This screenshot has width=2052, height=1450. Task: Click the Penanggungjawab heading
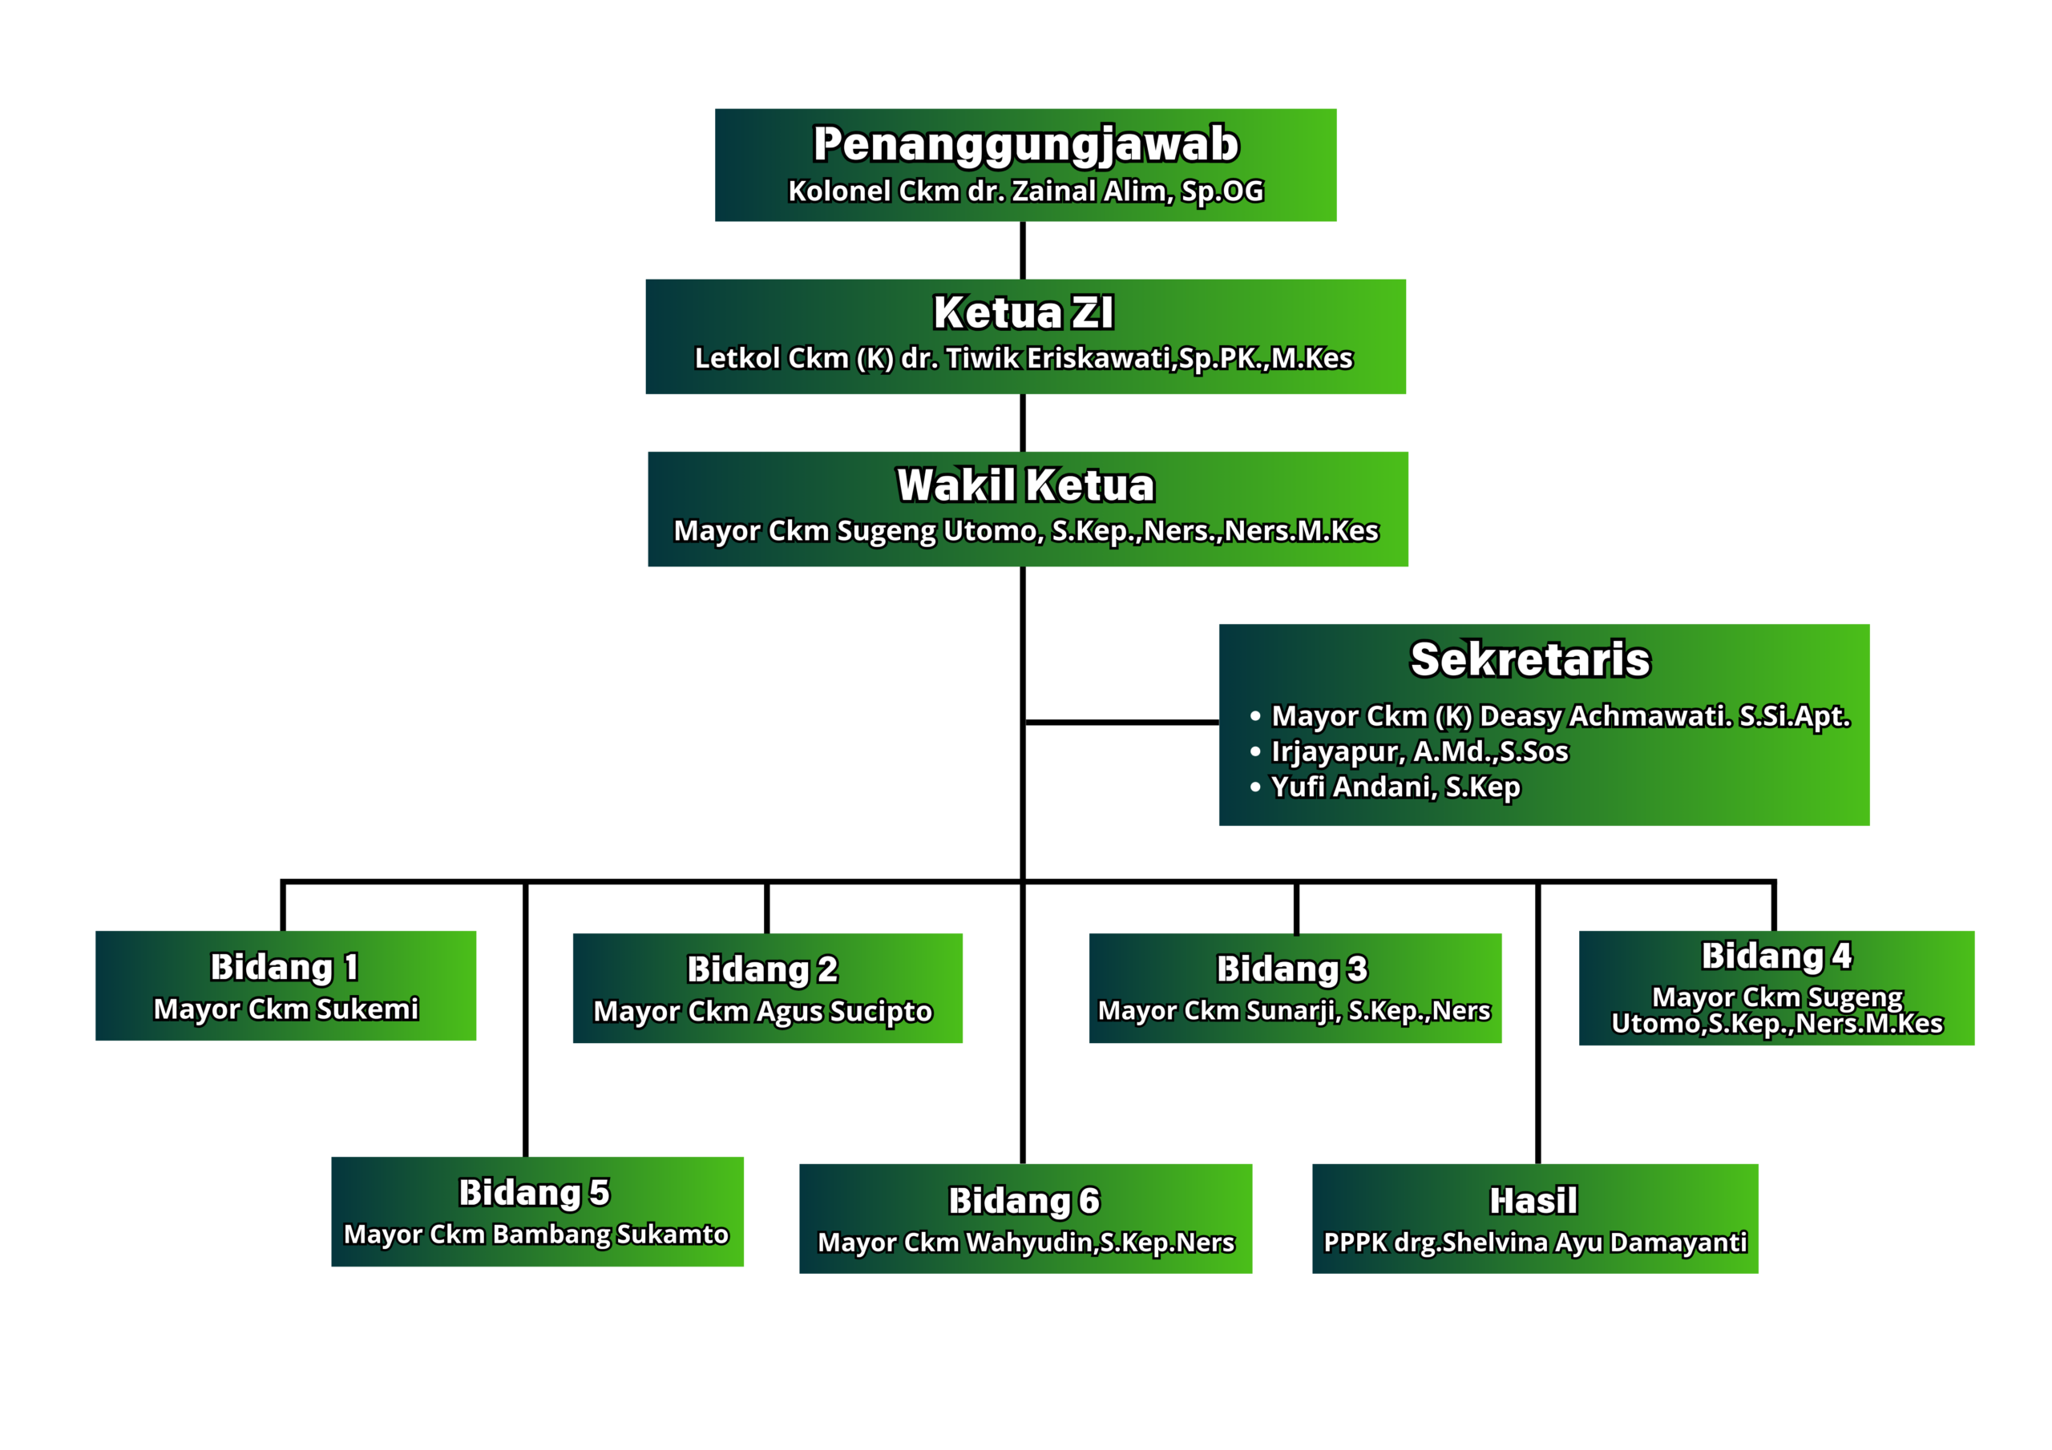(1025, 145)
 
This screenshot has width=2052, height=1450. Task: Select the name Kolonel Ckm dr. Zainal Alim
(1025, 191)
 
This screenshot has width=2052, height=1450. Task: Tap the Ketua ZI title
(1024, 312)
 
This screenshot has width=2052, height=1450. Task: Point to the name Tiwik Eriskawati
(1024, 358)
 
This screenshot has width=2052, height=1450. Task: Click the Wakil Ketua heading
(1025, 485)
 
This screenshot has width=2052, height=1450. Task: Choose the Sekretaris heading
(1530, 659)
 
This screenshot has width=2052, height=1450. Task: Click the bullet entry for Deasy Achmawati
(1560, 715)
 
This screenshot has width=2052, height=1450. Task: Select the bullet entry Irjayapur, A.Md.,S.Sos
(1420, 751)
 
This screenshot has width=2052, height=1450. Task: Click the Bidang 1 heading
(285, 967)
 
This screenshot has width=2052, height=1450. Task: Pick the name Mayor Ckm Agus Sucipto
(762, 1011)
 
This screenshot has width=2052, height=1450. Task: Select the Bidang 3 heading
(1292, 969)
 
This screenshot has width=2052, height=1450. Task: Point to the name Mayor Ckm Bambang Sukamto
(536, 1234)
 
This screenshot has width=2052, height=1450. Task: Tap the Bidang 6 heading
(1024, 1201)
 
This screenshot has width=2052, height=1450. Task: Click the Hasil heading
(1533, 1201)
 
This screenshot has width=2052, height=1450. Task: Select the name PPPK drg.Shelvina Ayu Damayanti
(1534, 1242)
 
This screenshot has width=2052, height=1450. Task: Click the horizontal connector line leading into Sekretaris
(1121, 722)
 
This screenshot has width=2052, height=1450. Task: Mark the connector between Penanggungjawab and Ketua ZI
(1023, 250)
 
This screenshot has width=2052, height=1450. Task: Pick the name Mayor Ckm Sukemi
(286, 1009)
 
